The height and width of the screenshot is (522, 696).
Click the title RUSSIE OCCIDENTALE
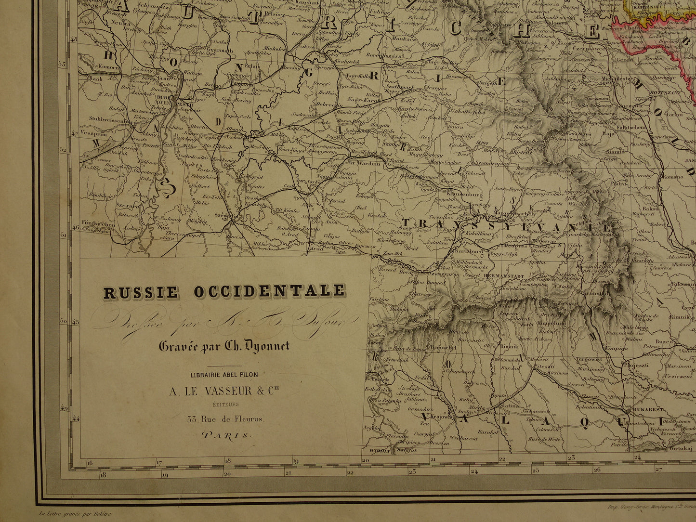224,291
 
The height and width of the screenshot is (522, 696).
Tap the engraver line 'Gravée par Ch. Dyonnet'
224,346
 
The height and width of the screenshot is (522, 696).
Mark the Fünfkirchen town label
97,224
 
